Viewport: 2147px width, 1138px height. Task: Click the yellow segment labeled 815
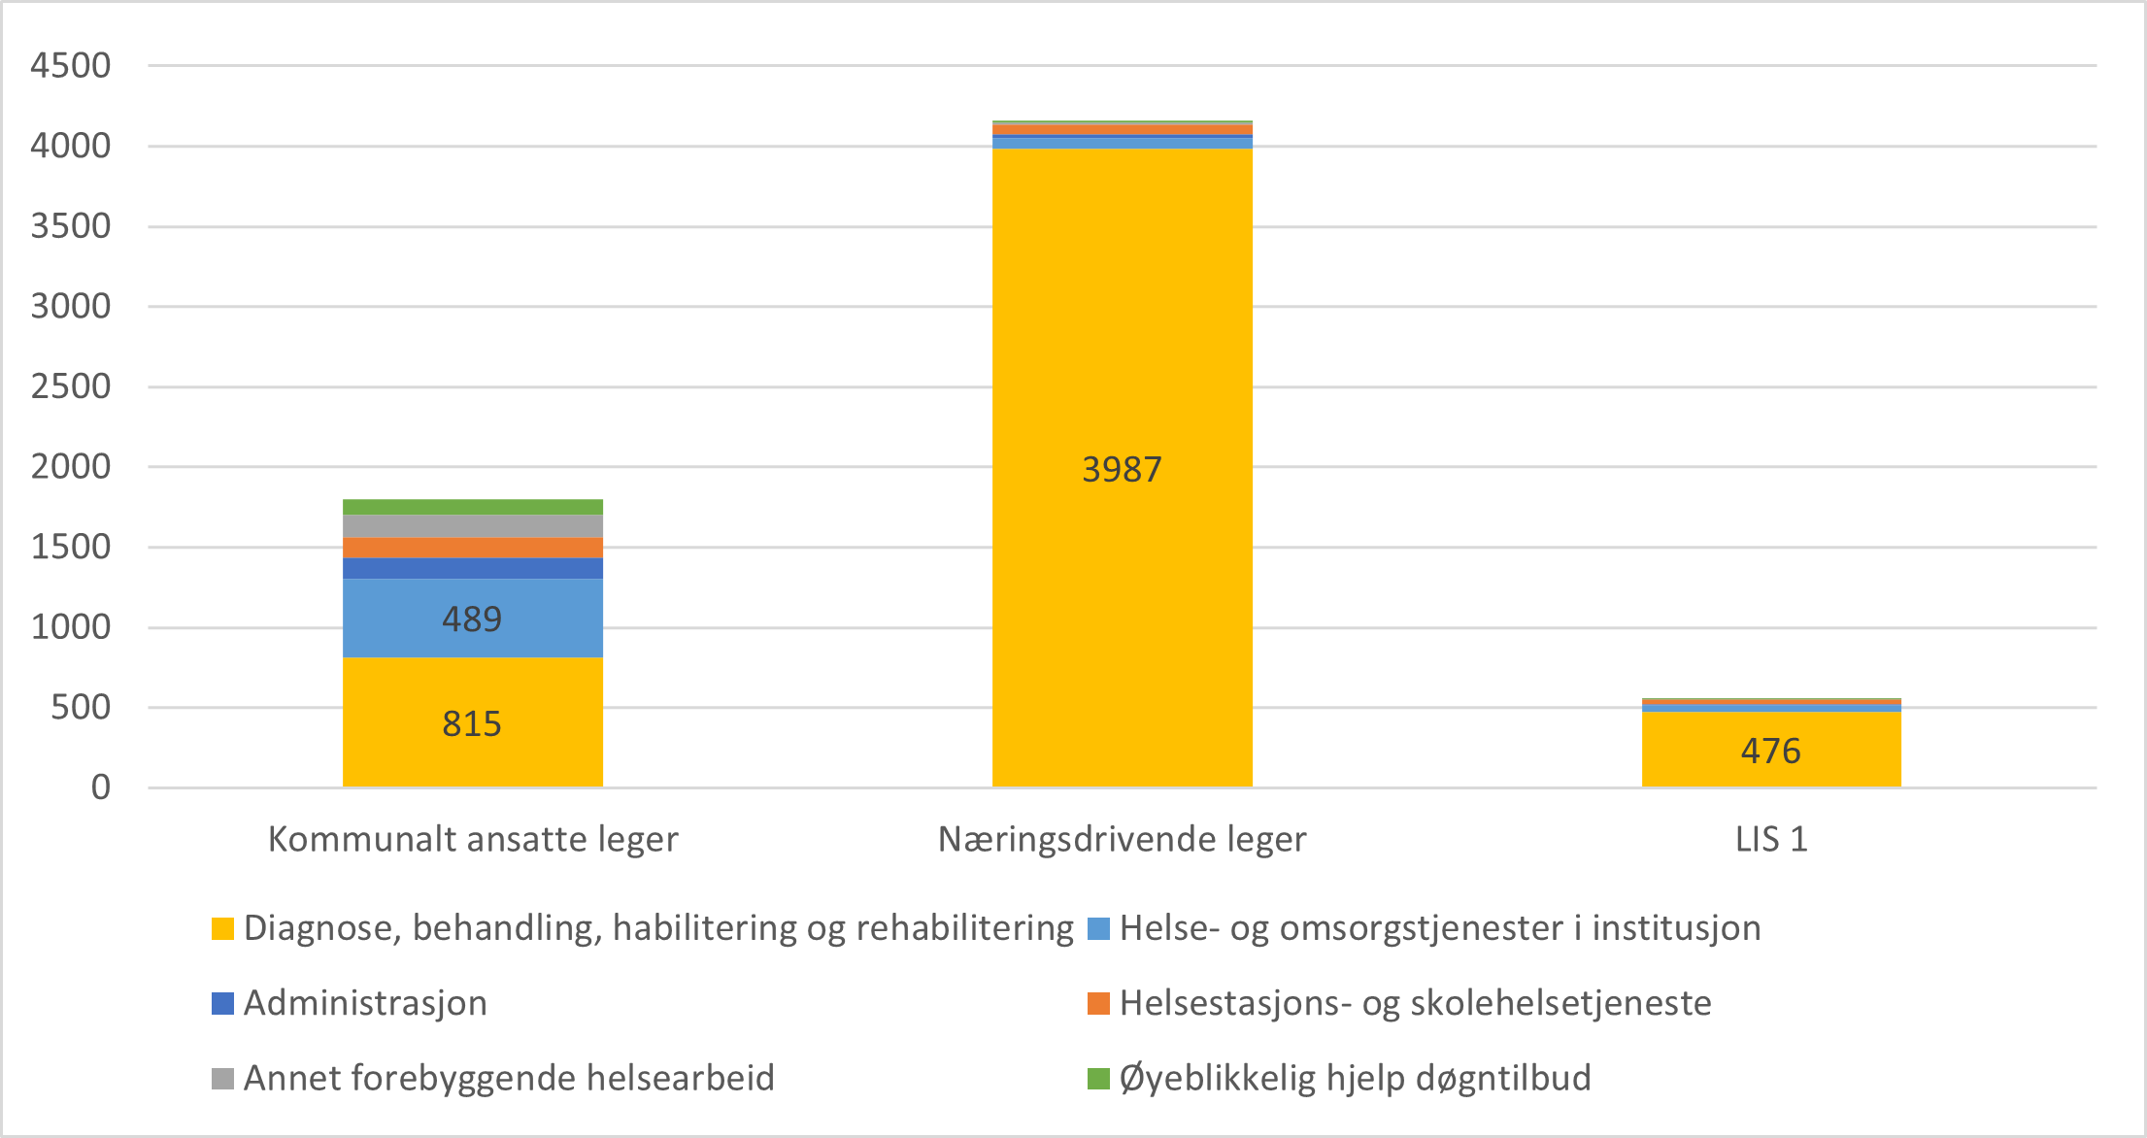tap(472, 722)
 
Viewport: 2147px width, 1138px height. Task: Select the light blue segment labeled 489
tap(472, 619)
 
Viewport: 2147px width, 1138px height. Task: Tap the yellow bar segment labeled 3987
tap(1122, 468)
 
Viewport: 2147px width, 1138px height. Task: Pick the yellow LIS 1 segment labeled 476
tap(1771, 750)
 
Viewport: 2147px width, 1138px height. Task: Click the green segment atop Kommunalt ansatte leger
tap(472, 507)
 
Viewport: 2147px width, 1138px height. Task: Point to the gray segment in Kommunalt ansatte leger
tap(472, 526)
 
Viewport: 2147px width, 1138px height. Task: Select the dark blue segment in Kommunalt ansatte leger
tap(472, 568)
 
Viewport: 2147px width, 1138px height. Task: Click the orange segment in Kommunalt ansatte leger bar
tap(472, 548)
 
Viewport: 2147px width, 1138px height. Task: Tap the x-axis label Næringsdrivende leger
tap(1122, 839)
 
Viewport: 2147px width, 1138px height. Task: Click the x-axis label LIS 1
tap(1771, 839)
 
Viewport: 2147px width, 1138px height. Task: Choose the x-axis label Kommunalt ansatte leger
tap(472, 839)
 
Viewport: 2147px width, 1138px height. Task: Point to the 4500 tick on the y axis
tap(71, 66)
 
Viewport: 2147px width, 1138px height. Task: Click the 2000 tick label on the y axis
tap(71, 467)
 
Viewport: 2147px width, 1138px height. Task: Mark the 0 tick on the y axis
tap(101, 787)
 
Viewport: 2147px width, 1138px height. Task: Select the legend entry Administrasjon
tap(365, 1003)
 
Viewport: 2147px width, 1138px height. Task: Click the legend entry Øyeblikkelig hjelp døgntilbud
tap(1355, 1078)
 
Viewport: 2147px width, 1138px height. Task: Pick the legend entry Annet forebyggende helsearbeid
tap(509, 1078)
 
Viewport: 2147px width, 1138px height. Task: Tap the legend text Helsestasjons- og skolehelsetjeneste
tap(1415, 1003)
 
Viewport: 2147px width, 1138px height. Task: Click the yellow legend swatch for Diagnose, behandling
tap(223, 928)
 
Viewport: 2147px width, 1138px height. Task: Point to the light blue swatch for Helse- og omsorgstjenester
tap(1098, 928)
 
